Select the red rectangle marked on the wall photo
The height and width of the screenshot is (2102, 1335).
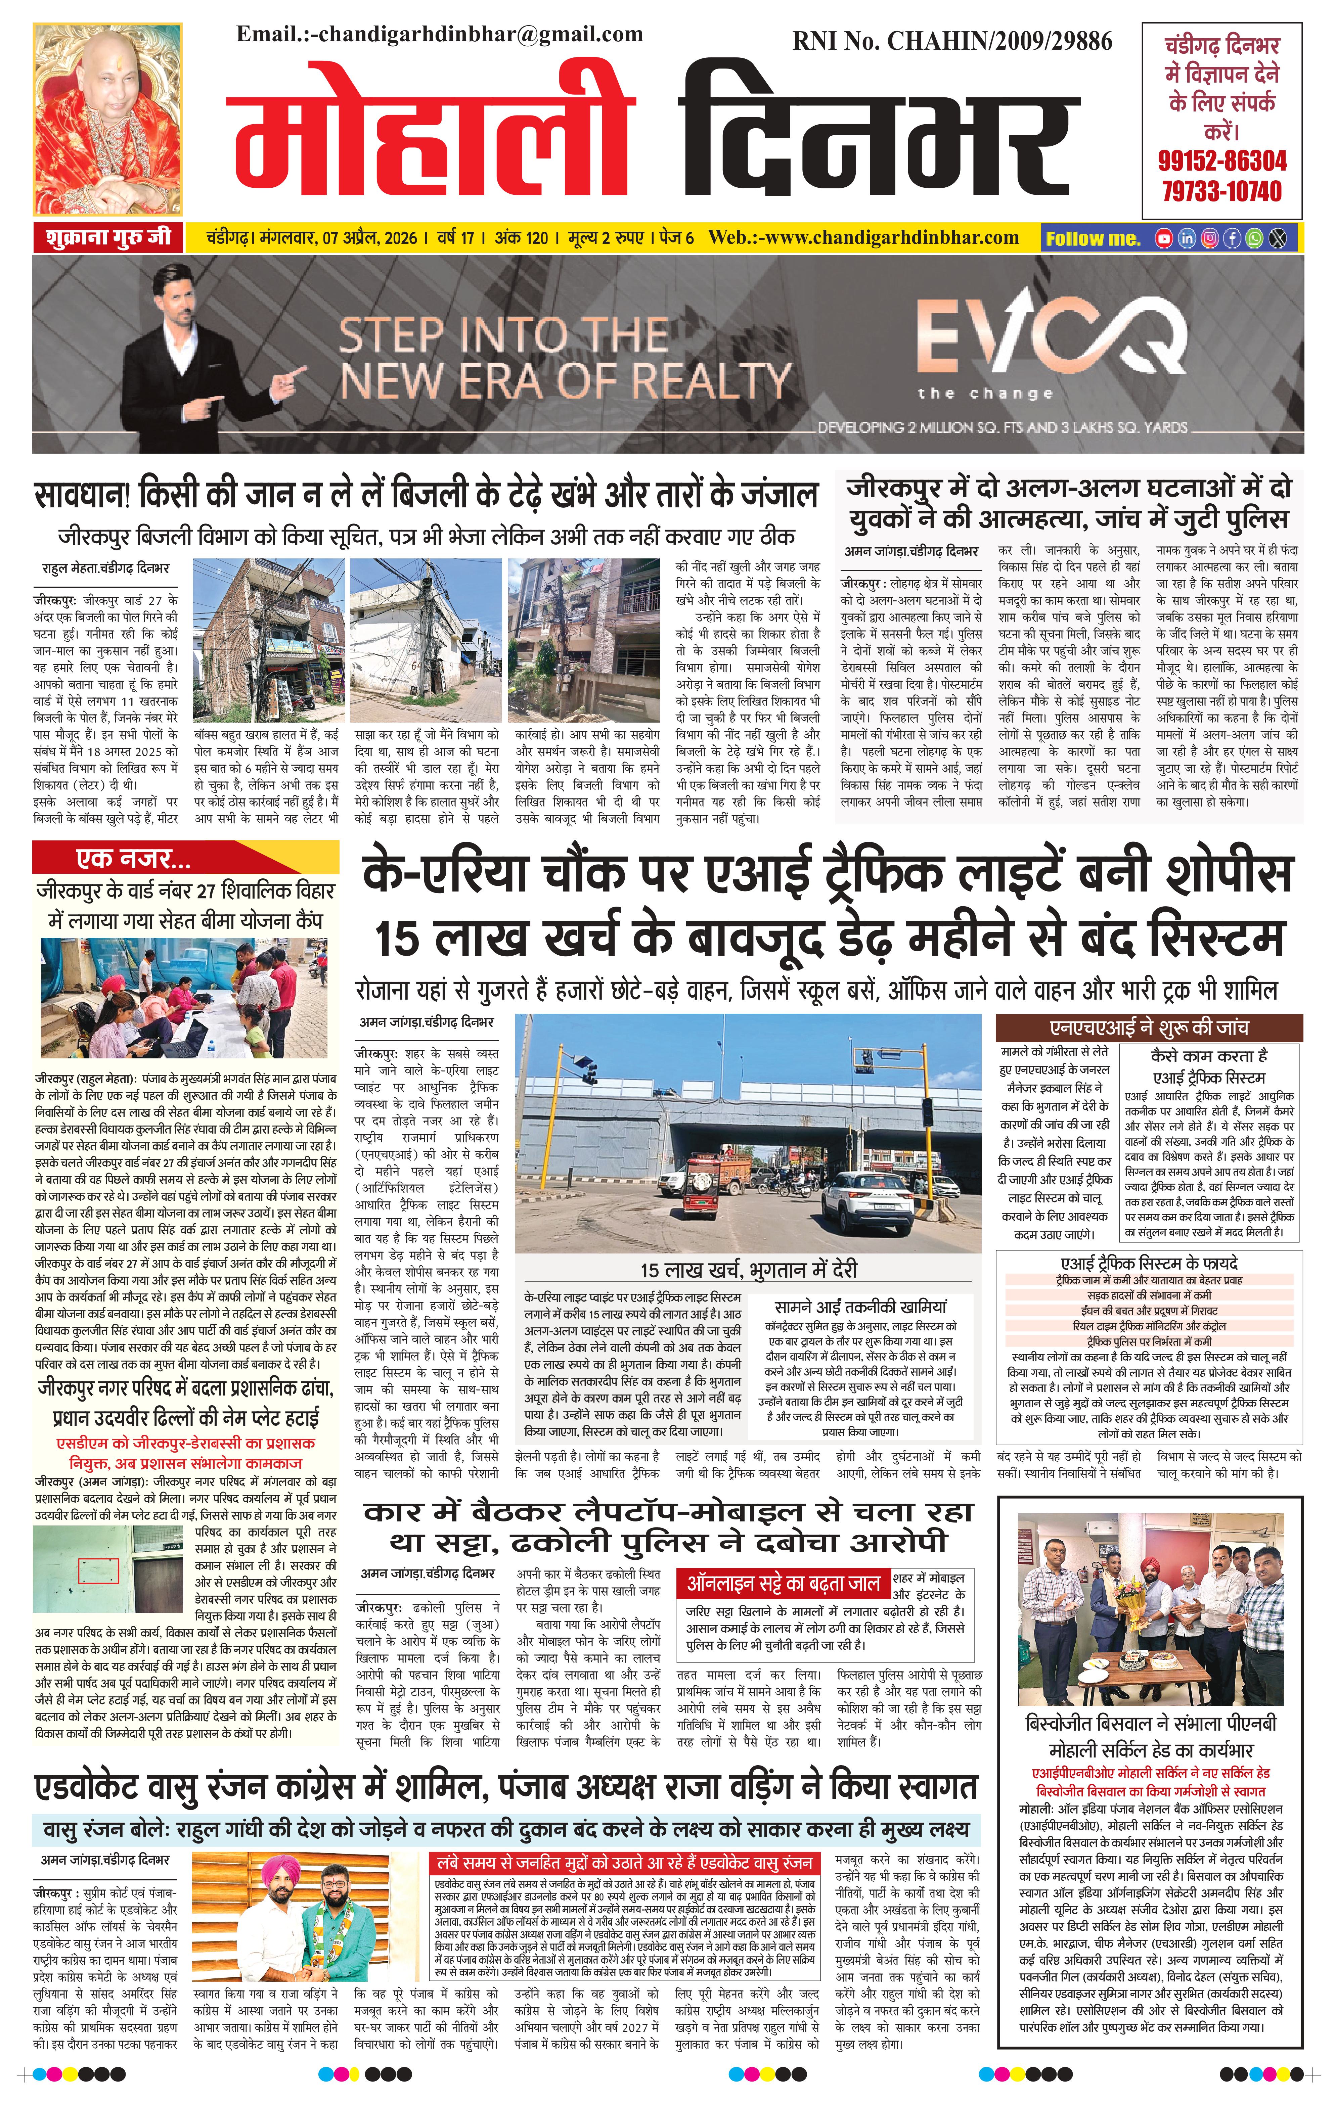pyautogui.click(x=98, y=1570)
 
